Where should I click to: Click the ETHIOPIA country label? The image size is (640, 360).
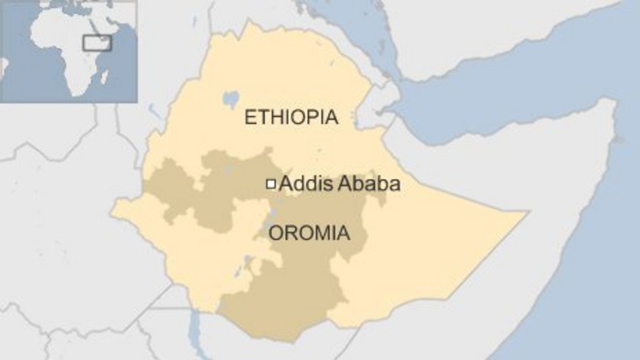pos(291,118)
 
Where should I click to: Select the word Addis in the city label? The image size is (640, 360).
pos(306,184)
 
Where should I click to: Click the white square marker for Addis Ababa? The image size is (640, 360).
pos(270,184)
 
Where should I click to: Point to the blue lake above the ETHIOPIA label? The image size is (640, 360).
pos(230,99)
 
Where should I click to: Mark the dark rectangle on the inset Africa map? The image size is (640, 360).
pos(96,43)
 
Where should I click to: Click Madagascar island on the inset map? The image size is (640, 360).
pos(104,77)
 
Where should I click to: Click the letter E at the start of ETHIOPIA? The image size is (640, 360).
pos(249,118)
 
